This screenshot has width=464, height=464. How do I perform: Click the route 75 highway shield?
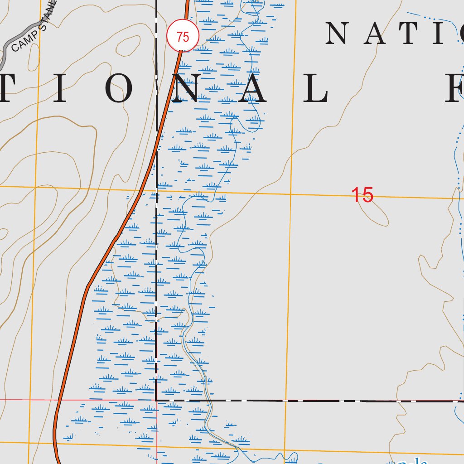click(183, 37)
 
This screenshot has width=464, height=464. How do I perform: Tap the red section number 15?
click(362, 195)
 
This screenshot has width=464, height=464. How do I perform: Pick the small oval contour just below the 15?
click(373, 213)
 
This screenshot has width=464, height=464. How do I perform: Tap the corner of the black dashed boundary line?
click(156, 400)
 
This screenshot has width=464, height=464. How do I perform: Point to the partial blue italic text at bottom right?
click(412, 460)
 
